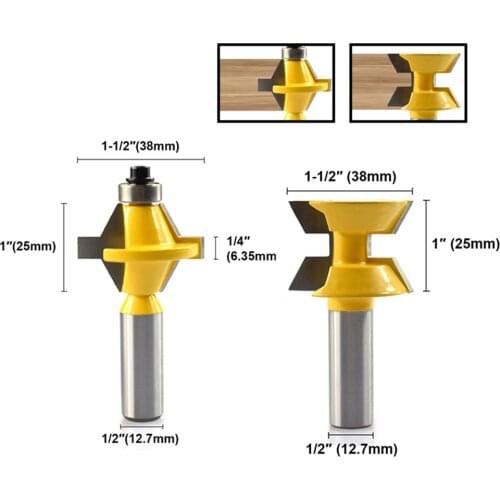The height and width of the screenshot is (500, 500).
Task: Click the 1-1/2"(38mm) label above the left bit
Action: (140, 146)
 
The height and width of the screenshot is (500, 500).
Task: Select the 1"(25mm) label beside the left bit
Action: (29, 244)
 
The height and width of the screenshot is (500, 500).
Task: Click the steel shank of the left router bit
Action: (141, 360)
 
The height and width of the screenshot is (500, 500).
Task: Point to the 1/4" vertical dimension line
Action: (214, 247)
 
